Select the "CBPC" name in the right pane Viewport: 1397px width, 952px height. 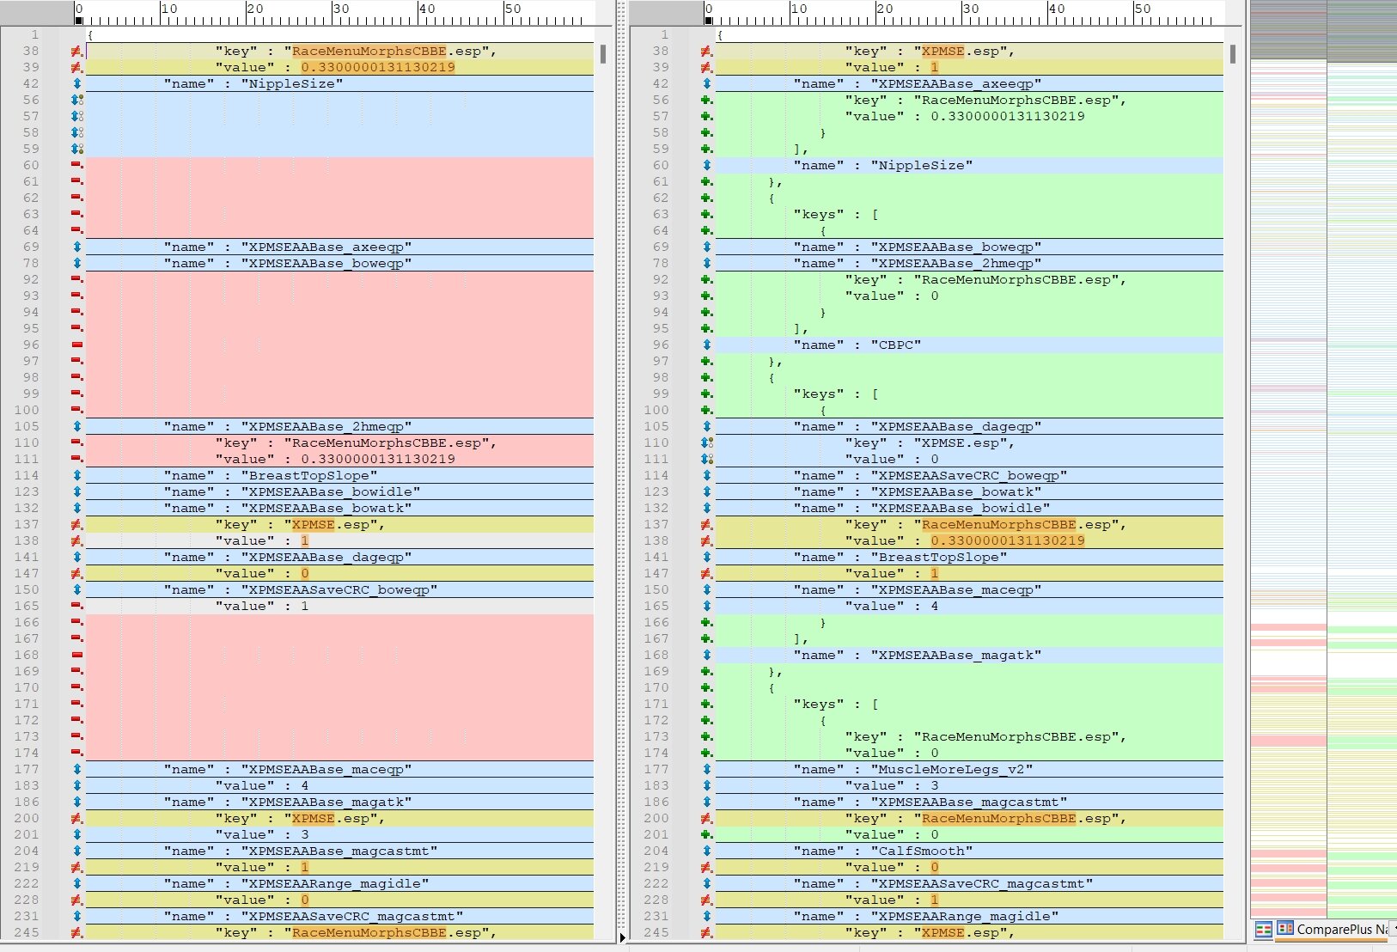click(x=895, y=345)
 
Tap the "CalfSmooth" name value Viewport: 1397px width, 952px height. click(x=922, y=851)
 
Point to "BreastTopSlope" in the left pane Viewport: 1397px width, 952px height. click(x=308, y=475)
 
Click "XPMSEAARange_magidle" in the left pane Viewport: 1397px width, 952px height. click(x=334, y=883)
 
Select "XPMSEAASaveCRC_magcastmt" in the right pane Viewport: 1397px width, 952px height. click(x=982, y=883)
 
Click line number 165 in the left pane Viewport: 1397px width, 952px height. click(x=31, y=606)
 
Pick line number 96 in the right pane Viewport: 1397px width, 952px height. click(x=661, y=345)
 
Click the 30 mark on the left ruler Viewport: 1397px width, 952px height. click(x=340, y=9)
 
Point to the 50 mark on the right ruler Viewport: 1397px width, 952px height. click(x=1142, y=9)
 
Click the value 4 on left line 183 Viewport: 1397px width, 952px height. click(x=304, y=785)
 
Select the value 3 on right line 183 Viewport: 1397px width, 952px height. click(x=934, y=785)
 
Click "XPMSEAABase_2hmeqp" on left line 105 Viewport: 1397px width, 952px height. click(x=326, y=427)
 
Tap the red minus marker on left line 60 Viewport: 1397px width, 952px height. click(x=76, y=165)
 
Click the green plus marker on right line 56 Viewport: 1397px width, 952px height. click(x=706, y=100)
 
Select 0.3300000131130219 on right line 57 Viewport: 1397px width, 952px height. click(x=1007, y=116)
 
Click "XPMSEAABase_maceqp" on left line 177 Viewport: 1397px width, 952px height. click(x=326, y=769)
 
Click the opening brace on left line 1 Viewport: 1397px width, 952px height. click(x=90, y=35)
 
